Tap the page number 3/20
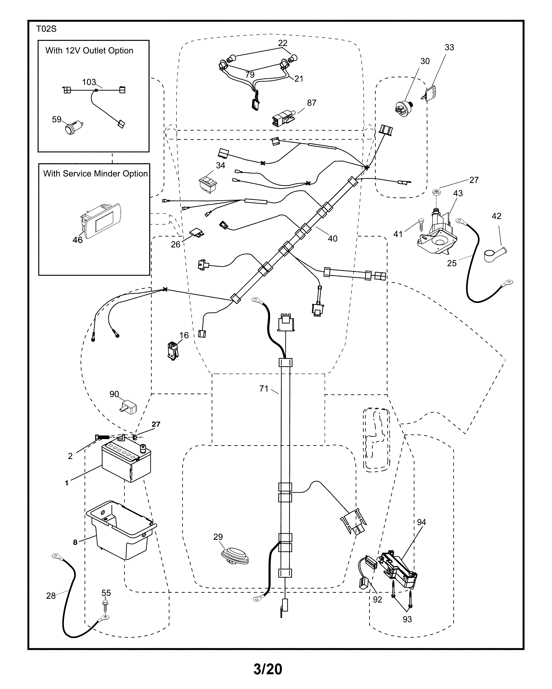pos(268,669)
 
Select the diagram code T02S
pos(46,29)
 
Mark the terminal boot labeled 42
pos(494,256)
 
